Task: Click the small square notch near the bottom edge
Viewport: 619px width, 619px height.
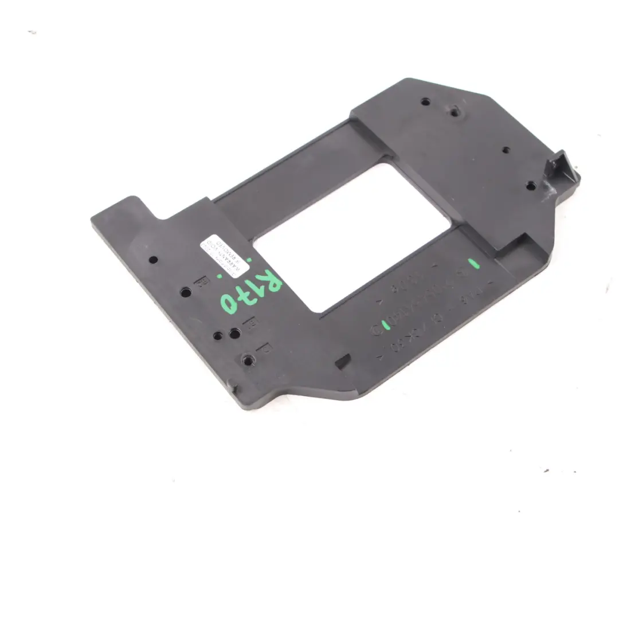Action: pyautogui.click(x=342, y=361)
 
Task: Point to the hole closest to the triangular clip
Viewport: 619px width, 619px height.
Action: pyautogui.click(x=531, y=186)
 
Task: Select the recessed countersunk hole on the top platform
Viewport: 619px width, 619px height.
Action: pyautogui.click(x=454, y=112)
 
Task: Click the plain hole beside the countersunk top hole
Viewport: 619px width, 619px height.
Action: pyautogui.click(x=425, y=102)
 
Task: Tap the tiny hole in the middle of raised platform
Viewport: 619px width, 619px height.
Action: pyautogui.click(x=506, y=150)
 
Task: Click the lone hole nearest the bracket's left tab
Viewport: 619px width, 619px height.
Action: pyautogui.click(x=153, y=260)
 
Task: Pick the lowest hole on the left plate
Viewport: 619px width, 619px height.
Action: pyautogui.click(x=248, y=361)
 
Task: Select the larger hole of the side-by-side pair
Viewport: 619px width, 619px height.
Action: pyautogui.click(x=234, y=332)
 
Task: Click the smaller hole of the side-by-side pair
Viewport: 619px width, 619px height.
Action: pyautogui.click(x=218, y=336)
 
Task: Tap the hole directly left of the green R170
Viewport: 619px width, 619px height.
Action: pyautogui.click(x=186, y=292)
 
